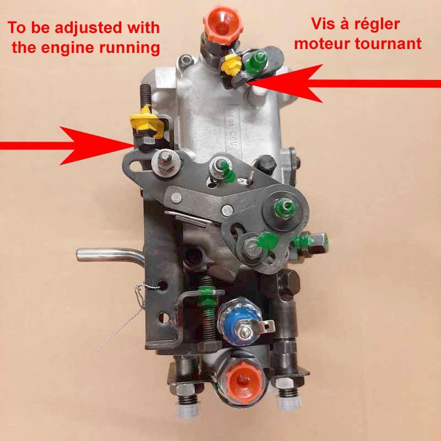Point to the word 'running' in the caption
[123, 47]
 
